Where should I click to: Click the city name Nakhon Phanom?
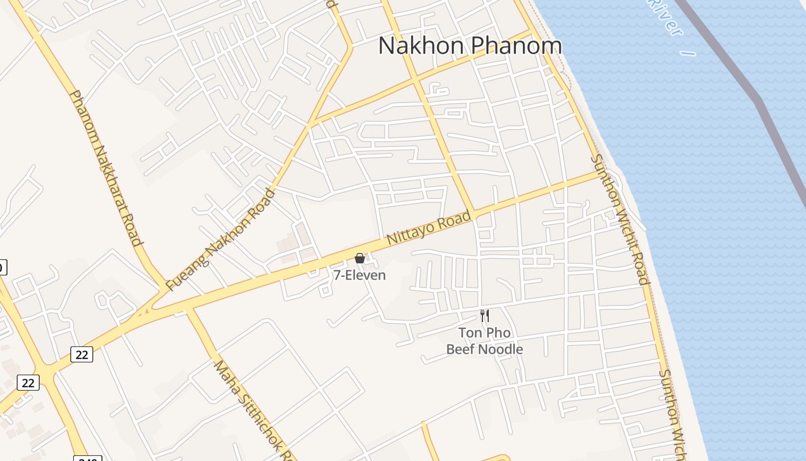tap(470, 46)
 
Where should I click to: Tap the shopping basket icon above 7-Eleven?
tap(360, 258)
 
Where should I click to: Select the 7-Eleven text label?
tap(360, 275)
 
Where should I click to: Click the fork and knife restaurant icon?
tap(485, 315)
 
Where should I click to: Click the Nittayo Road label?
tap(428, 228)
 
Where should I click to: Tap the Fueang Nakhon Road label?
tap(221, 239)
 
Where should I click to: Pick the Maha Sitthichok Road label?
tap(252, 410)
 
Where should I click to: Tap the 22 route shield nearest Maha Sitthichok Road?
tap(82, 354)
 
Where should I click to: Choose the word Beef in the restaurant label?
tap(461, 349)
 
